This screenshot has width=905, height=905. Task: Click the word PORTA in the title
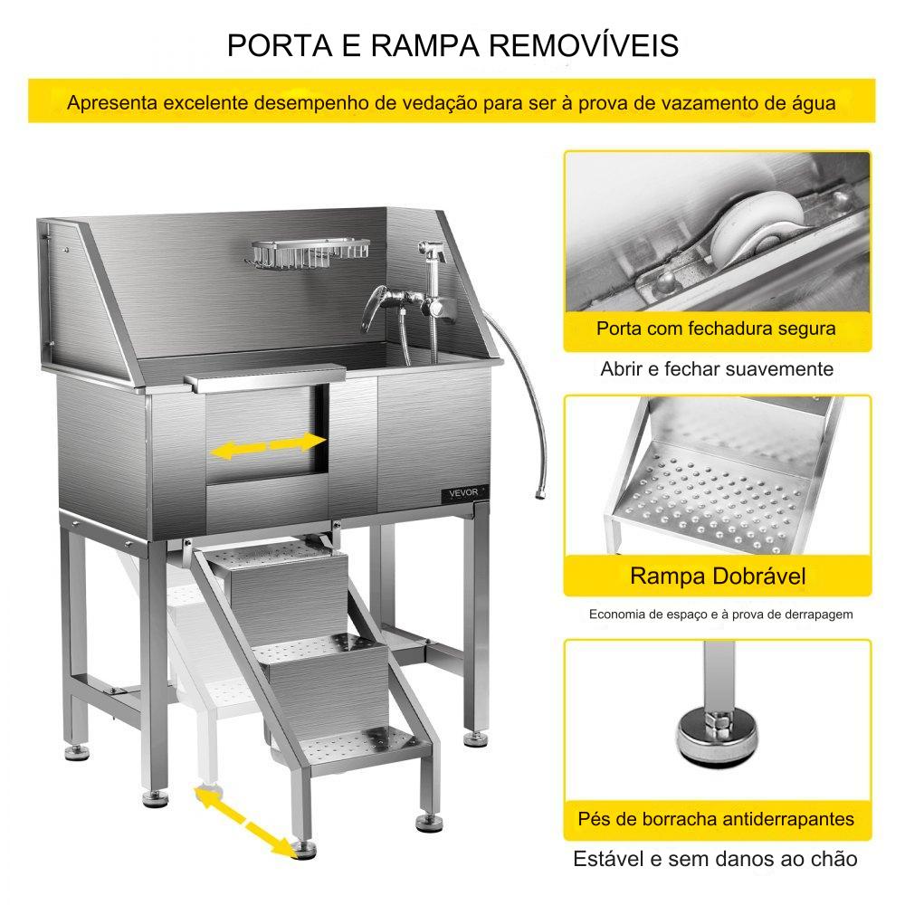point(280,45)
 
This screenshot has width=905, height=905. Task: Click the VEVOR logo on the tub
point(462,493)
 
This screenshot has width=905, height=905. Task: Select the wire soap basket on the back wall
point(310,254)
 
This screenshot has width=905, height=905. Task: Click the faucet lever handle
point(373,308)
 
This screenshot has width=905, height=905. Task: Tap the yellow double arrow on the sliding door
point(269,446)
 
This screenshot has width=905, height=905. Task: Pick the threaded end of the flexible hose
point(539,494)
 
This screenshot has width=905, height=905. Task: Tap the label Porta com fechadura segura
point(716,329)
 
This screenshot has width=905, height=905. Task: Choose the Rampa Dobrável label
point(718,576)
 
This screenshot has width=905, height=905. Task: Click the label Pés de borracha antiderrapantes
point(716,819)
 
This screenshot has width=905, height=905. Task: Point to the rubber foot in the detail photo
point(718,737)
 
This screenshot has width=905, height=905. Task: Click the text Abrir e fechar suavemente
point(717,369)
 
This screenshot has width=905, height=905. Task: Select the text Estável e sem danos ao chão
point(715,859)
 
